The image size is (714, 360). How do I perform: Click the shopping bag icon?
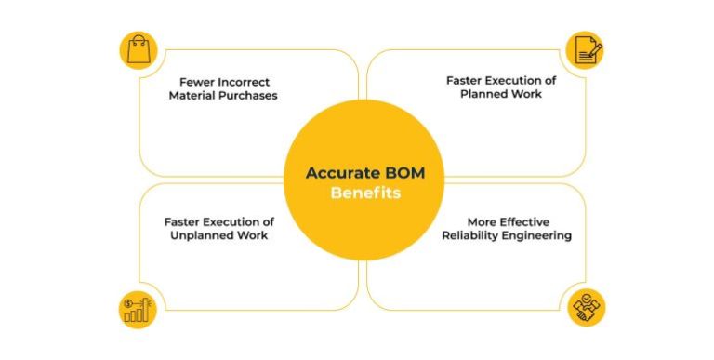point(139,49)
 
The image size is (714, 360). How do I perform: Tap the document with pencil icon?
point(585,49)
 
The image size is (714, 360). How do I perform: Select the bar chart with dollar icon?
point(139,309)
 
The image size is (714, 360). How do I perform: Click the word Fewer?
point(198,81)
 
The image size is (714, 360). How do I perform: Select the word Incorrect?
point(245,81)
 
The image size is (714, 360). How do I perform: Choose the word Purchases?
point(246,95)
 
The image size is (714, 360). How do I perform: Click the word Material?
point(192,95)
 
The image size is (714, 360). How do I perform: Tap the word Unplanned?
point(207,236)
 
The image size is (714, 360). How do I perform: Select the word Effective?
point(522,222)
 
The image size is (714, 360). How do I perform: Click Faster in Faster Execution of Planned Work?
point(464,80)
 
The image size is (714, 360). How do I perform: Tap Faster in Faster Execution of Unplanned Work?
point(182,222)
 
